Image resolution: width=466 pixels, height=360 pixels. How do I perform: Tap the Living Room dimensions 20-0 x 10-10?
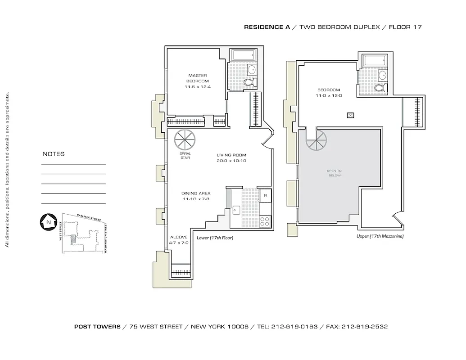coord(231,161)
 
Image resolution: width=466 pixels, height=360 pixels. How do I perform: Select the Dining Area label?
coord(196,193)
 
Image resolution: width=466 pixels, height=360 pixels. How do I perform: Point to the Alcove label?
coord(179,237)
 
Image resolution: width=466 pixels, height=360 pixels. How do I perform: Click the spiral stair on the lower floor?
coord(184,140)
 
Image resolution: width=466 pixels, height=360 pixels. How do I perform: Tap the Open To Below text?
coord(334,173)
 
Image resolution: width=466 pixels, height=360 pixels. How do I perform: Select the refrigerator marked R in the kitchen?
coord(266,196)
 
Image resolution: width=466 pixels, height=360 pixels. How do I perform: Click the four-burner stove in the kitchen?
coord(265,221)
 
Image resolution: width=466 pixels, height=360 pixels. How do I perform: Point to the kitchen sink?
coord(236,210)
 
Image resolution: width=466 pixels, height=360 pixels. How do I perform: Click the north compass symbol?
coord(47,221)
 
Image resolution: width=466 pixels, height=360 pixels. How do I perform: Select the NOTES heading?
coord(53,154)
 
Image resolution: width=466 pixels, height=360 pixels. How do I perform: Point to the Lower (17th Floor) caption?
coord(215,238)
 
